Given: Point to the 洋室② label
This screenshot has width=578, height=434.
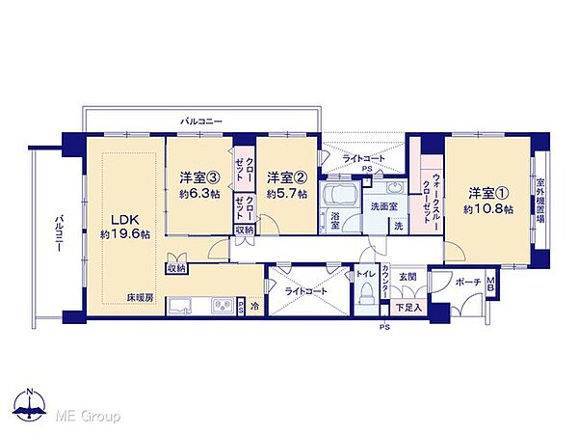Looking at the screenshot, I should coord(286,177).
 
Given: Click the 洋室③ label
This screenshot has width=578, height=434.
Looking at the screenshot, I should coord(198,177).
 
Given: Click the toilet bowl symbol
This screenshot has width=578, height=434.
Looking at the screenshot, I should coord(367,297).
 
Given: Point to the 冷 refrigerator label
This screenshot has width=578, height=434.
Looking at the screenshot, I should coord(254,306).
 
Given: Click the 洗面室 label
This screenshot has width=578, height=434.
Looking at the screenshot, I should coord(385,206).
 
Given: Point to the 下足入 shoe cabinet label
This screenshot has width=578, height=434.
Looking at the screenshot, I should coord(407,308).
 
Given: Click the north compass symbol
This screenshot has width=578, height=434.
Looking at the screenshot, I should coord(31,409).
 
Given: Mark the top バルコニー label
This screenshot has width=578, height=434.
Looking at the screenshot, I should coord(202,122).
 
